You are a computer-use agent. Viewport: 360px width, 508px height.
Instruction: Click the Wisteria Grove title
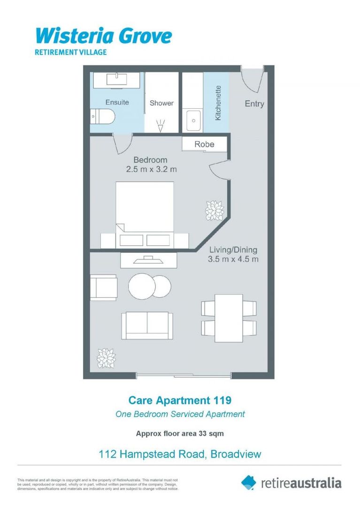[x=104, y=35]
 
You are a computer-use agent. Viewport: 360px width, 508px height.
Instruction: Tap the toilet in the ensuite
[x=102, y=116]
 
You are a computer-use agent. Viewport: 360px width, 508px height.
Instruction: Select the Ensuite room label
[x=117, y=102]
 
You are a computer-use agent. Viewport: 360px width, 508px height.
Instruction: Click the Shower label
[x=161, y=103]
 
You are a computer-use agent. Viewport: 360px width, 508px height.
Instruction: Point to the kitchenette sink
[x=193, y=121]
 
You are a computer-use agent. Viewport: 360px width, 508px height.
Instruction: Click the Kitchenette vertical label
[x=218, y=103]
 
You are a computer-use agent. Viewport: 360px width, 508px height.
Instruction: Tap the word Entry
[x=254, y=104]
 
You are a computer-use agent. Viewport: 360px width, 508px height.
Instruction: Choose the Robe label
[x=204, y=144]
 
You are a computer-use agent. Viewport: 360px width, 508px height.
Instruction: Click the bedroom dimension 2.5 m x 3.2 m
[x=151, y=169]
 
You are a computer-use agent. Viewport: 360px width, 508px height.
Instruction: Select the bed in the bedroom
[x=145, y=212]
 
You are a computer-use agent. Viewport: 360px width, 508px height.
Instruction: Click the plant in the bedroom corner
[x=215, y=210]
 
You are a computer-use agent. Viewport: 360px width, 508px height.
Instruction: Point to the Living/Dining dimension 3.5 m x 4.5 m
[x=233, y=259]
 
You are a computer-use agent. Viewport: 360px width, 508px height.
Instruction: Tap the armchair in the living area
[x=103, y=287]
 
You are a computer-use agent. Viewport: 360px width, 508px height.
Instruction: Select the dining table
[x=229, y=318]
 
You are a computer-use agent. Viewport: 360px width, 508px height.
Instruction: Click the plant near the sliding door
[x=106, y=358]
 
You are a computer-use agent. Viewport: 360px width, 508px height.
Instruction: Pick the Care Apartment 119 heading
[x=180, y=400]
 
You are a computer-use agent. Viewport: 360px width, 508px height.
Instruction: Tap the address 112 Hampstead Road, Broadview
[x=180, y=454]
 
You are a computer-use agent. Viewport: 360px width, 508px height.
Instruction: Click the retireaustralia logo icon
[x=249, y=482]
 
